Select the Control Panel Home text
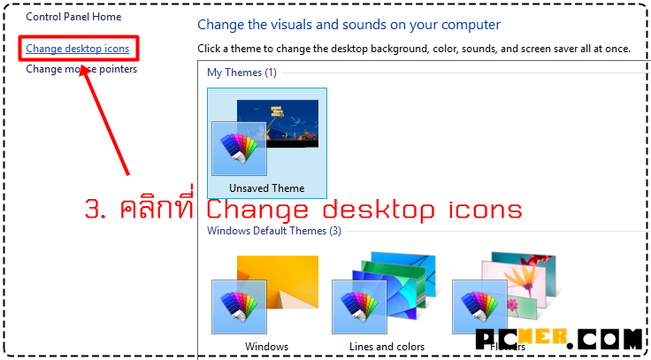tap(73, 17)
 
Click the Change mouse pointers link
tap(81, 69)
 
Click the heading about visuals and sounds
tap(348, 25)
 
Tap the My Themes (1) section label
tap(241, 72)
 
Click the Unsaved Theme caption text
tap(266, 188)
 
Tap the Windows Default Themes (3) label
tap(273, 231)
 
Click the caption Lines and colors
tap(387, 347)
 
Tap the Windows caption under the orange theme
tap(266, 347)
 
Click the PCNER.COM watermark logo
tap(558, 338)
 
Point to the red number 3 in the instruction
tap(94, 211)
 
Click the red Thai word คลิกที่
tap(157, 209)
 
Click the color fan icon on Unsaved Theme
tap(239, 148)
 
